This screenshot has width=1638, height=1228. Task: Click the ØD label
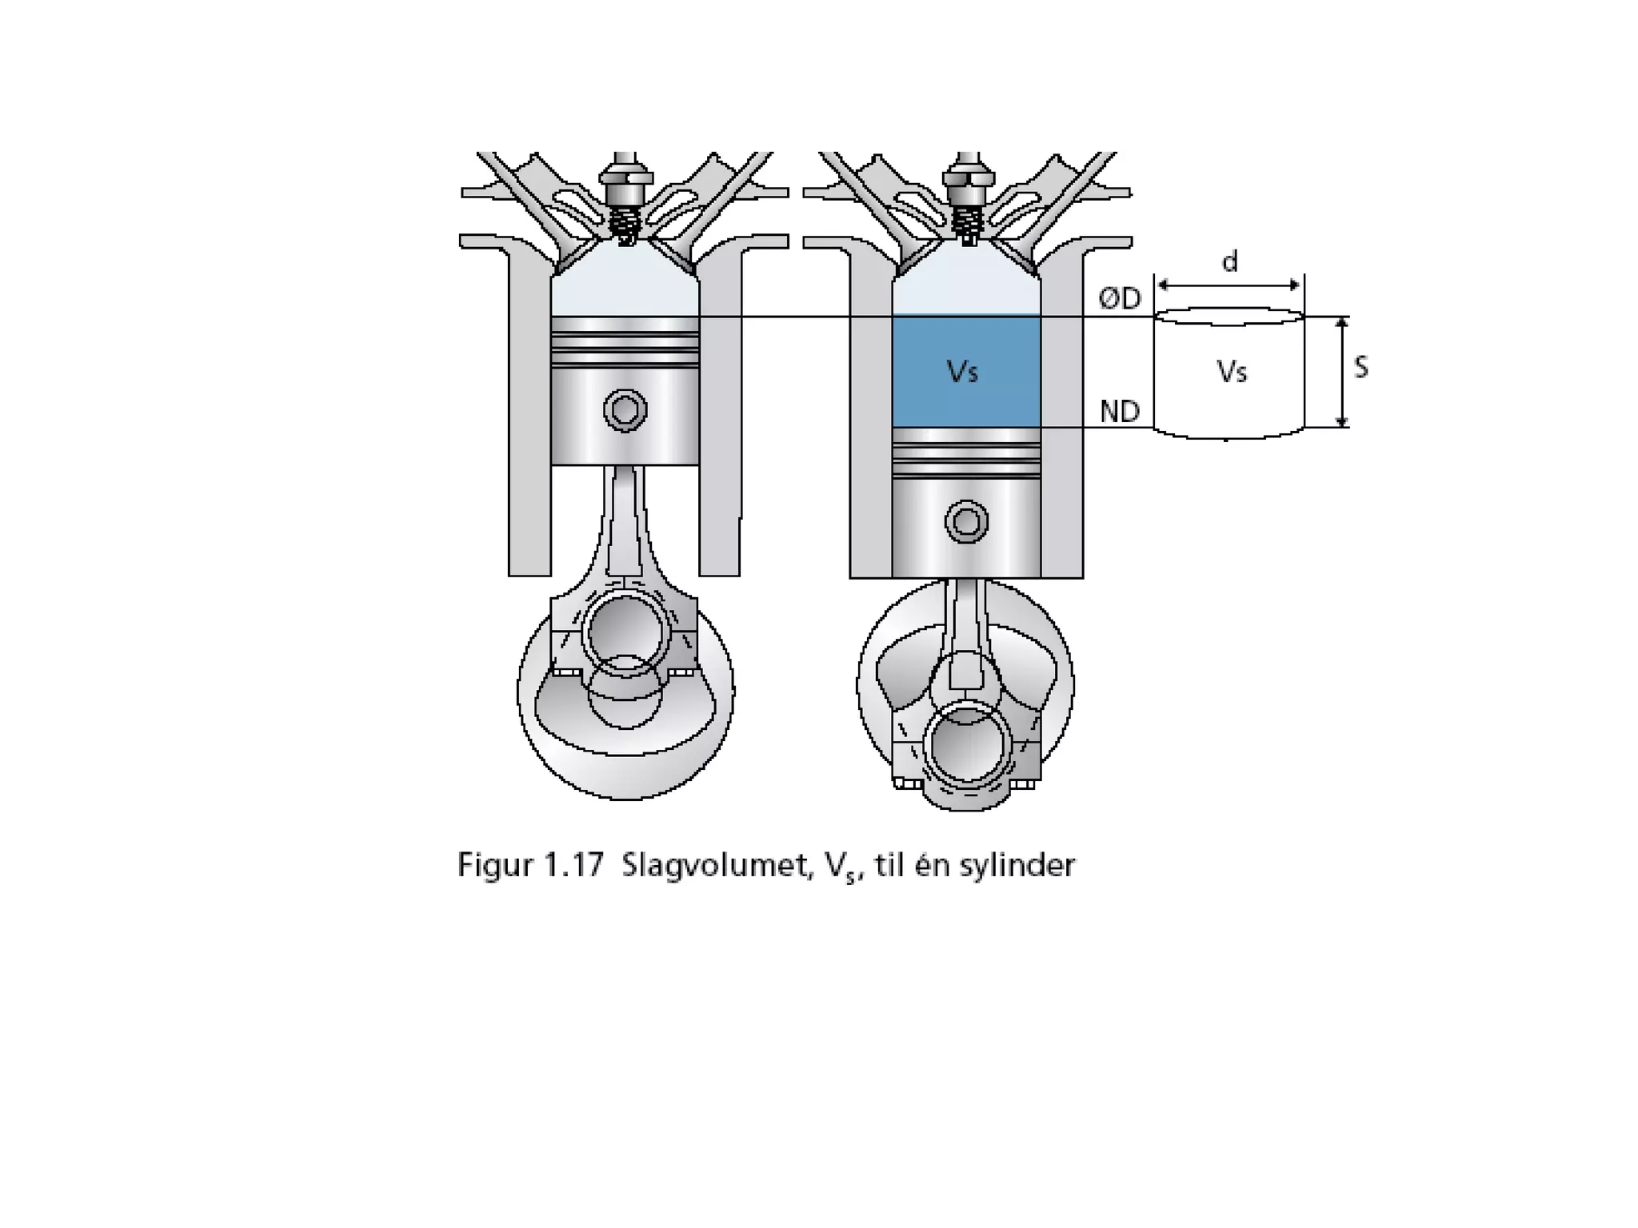point(1120,299)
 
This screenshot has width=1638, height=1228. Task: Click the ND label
point(1120,412)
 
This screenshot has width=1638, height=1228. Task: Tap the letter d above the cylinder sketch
point(1230,261)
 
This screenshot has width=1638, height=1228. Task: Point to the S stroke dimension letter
point(1360,367)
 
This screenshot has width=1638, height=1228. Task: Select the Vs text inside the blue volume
point(962,371)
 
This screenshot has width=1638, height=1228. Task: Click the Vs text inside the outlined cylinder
point(1232,372)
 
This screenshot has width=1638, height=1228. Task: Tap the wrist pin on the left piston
point(625,410)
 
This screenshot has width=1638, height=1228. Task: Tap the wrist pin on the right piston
point(966,522)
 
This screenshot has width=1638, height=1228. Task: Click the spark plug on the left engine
point(625,200)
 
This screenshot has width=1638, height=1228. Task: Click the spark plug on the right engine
point(967,200)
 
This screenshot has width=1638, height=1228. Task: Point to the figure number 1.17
point(573,866)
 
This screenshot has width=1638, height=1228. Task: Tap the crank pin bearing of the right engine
point(967,744)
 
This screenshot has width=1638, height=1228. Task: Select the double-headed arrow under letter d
point(1228,285)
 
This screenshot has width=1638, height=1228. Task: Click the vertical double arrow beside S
point(1343,372)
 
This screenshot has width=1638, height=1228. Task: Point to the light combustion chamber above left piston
point(625,284)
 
